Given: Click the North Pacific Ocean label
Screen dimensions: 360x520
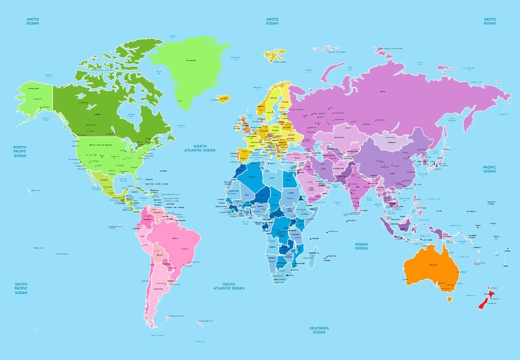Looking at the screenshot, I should [x=20, y=152].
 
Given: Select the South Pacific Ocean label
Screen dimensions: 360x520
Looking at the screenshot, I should [x=20, y=289].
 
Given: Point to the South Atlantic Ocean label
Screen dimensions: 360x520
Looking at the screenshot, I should [x=229, y=286].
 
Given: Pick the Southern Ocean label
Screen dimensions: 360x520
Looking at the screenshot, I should [x=319, y=330].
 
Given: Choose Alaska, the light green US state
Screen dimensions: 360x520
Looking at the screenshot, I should [x=34, y=99].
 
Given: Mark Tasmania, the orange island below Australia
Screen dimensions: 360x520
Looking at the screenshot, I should [x=449, y=300].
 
